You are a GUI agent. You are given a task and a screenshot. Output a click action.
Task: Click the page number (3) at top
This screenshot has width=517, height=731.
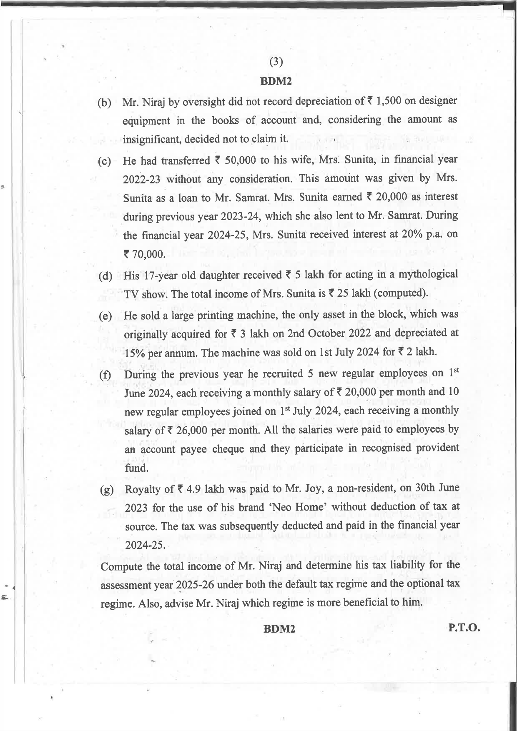276,62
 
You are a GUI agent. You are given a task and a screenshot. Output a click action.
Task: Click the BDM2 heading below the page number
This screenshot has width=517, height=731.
276,81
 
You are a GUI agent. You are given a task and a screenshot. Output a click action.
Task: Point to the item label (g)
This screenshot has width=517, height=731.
107,490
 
